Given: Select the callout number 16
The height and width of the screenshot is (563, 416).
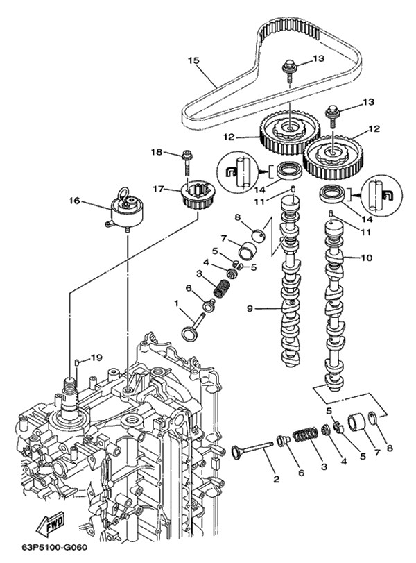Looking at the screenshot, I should click(74, 201).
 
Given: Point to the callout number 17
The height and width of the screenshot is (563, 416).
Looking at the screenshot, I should click(157, 188).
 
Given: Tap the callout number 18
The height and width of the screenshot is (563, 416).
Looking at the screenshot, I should click(157, 152).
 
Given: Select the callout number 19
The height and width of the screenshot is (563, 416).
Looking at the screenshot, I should click(97, 358).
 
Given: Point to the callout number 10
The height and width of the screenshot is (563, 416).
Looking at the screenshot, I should click(366, 258).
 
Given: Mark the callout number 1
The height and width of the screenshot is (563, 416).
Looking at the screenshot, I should click(177, 303).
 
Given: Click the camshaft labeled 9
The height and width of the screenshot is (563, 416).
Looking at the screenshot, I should click(290, 292).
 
